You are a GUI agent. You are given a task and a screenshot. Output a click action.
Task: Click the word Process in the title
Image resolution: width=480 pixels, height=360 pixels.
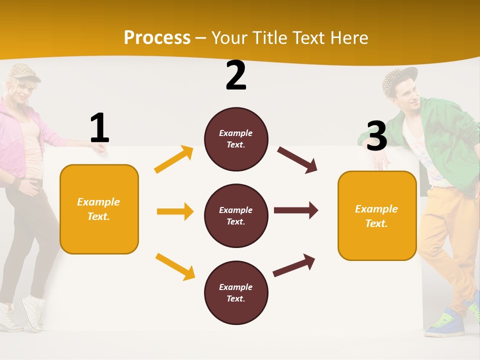(157, 38)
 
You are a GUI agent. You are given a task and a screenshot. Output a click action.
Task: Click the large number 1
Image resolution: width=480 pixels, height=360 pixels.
(99, 128)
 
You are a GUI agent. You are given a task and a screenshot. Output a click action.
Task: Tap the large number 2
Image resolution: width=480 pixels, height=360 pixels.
(236, 75)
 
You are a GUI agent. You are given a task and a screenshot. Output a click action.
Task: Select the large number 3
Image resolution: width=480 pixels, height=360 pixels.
(376, 136)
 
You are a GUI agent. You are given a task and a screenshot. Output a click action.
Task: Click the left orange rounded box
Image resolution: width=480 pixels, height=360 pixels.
(99, 209)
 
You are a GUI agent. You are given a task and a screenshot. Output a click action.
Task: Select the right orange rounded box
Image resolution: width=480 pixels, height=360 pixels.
(377, 215)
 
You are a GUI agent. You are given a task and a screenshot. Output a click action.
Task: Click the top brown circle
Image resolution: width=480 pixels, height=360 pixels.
(236, 139)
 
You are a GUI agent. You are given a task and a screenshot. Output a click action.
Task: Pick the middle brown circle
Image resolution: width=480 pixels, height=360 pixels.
(236, 215)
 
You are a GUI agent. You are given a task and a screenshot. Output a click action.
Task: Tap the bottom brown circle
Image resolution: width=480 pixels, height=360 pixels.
(236, 292)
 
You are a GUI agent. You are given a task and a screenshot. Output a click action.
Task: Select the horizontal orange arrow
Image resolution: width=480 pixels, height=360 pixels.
(175, 211)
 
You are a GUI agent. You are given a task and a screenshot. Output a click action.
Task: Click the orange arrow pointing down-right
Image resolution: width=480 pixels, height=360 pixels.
(175, 266)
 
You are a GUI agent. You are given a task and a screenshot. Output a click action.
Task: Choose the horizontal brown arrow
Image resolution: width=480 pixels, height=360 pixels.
(296, 210)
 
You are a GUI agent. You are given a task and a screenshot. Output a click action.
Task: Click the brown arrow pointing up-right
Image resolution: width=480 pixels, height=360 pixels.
(294, 265)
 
